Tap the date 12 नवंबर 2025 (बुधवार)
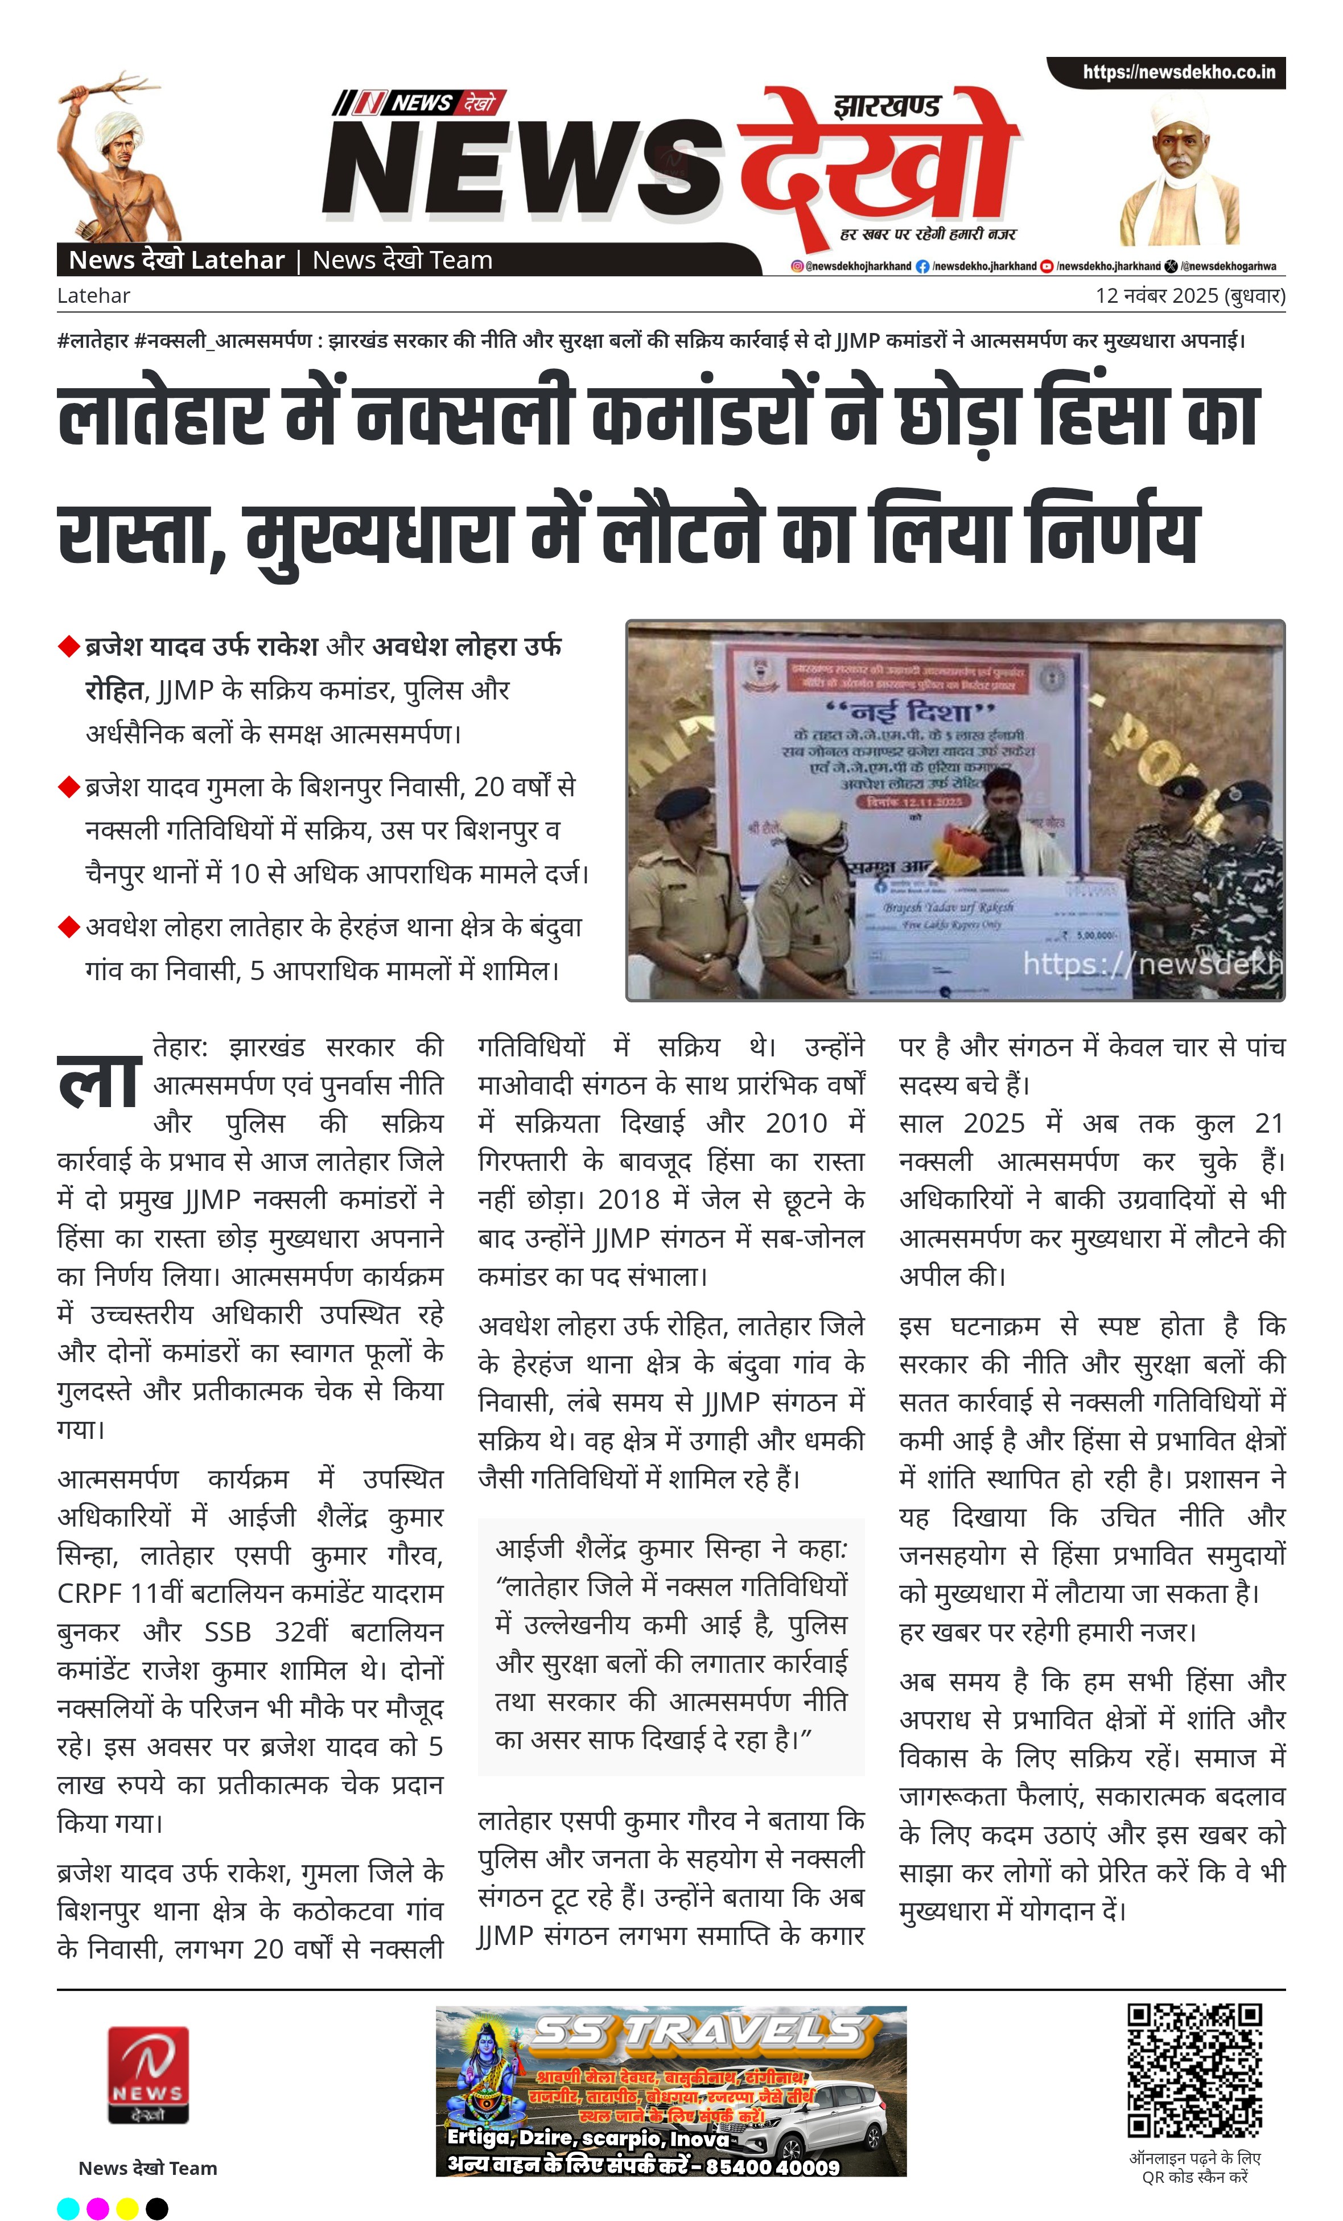(1190, 295)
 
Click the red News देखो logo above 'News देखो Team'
(148, 2075)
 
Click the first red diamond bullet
(68, 646)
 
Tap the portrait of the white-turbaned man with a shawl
(1179, 176)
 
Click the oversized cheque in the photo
(991, 928)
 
